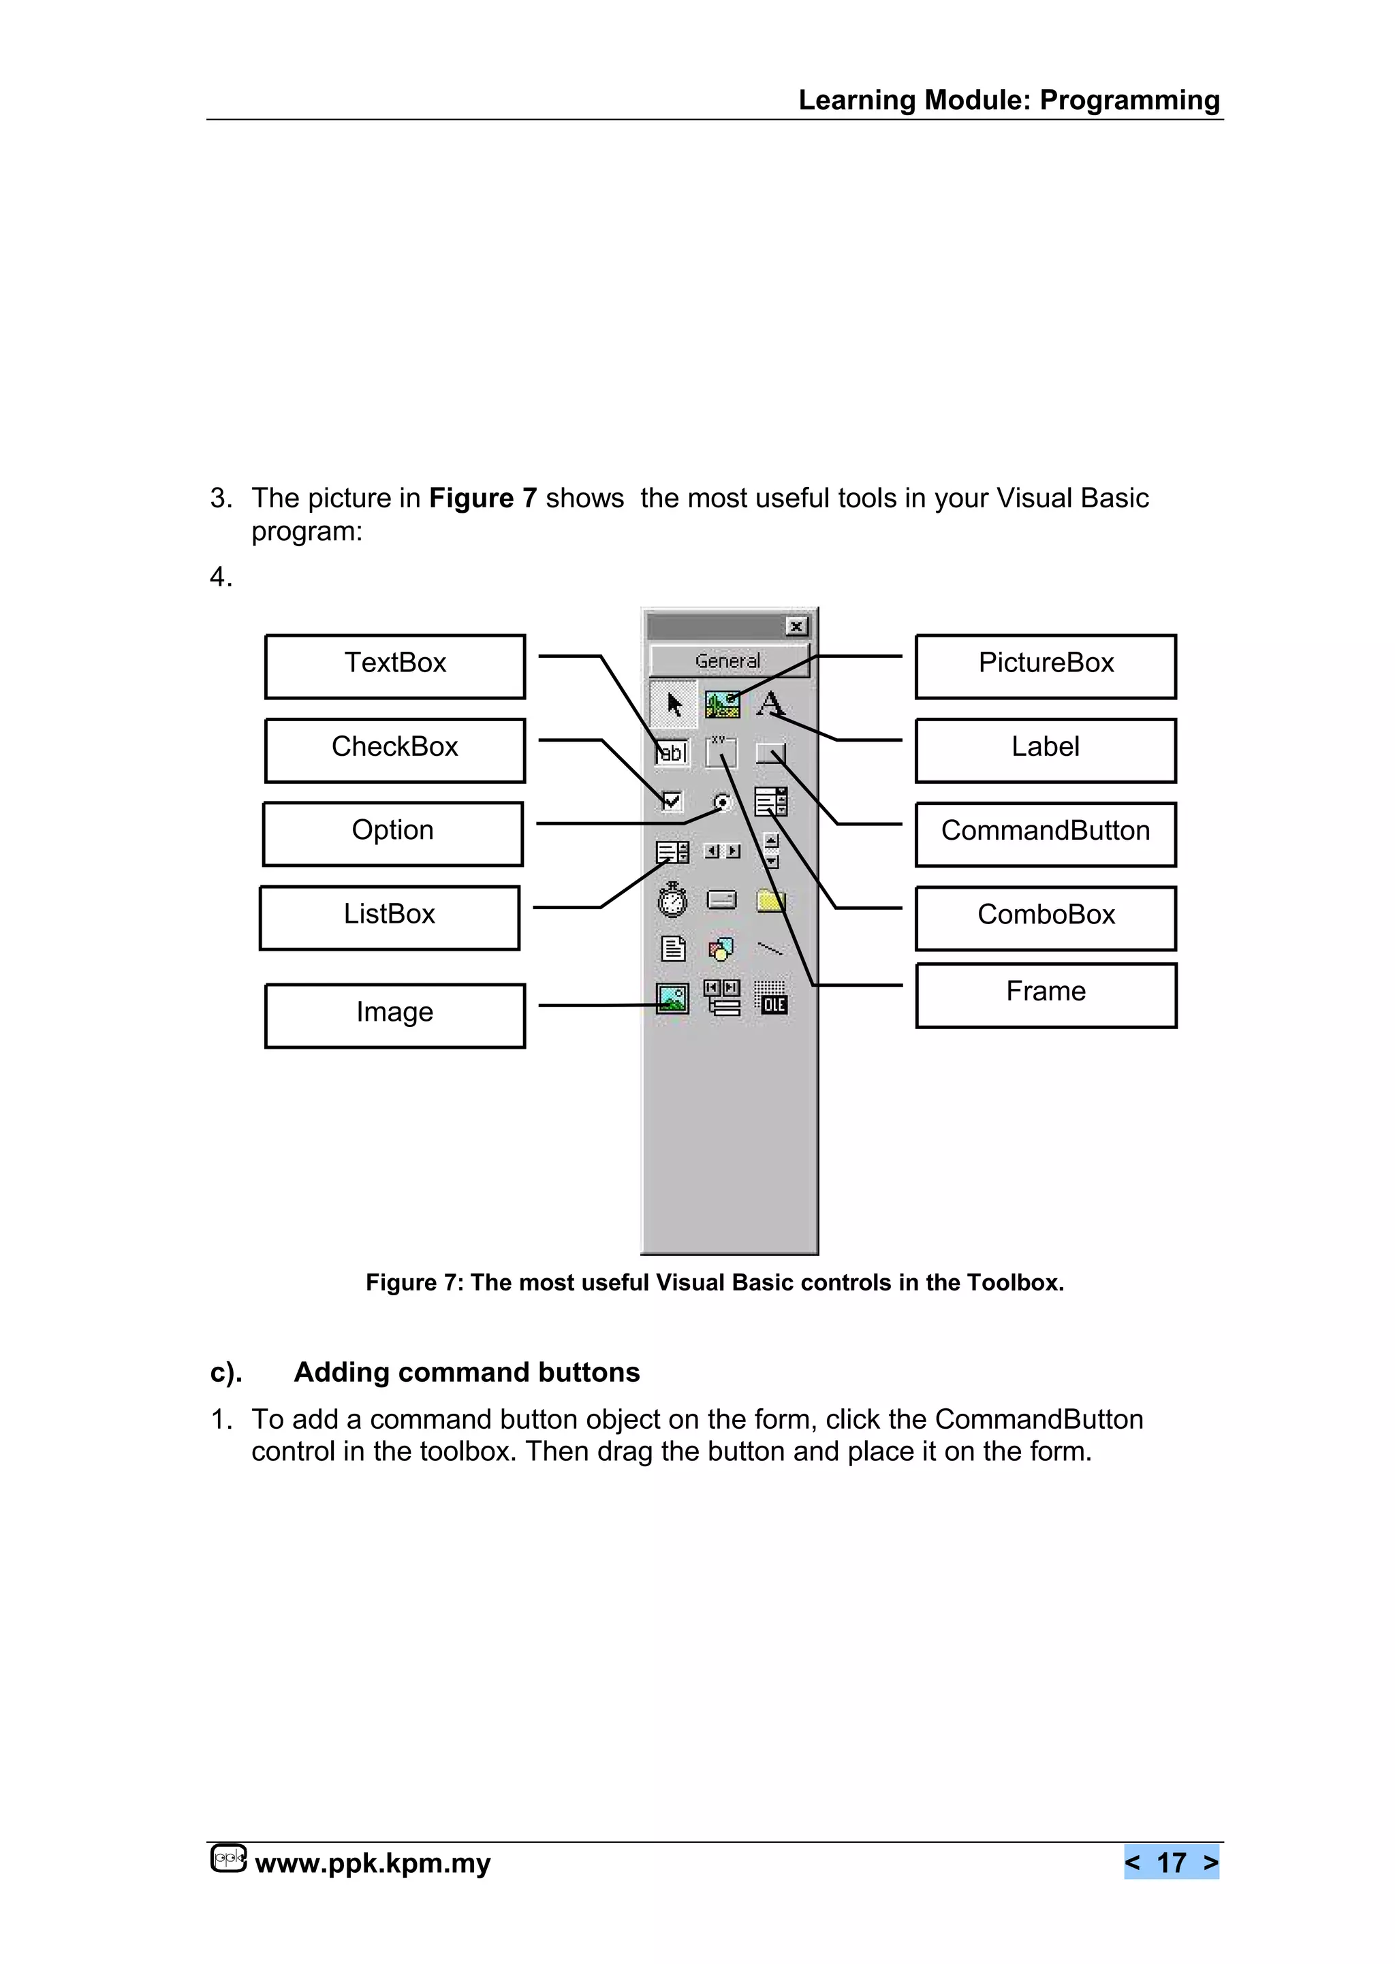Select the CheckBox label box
(x=394, y=750)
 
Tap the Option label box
(x=392, y=833)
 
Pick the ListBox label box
(x=389, y=917)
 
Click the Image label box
(x=394, y=1015)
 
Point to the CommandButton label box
(x=1046, y=834)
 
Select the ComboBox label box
(x=1046, y=917)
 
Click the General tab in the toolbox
(x=728, y=661)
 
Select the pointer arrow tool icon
(x=674, y=704)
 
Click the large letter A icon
(x=770, y=703)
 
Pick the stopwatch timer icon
(x=672, y=899)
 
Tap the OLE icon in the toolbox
(x=771, y=999)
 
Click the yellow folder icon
(x=770, y=900)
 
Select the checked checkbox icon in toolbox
(x=672, y=802)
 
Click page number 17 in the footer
(x=1171, y=1862)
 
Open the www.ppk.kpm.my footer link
(x=373, y=1863)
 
